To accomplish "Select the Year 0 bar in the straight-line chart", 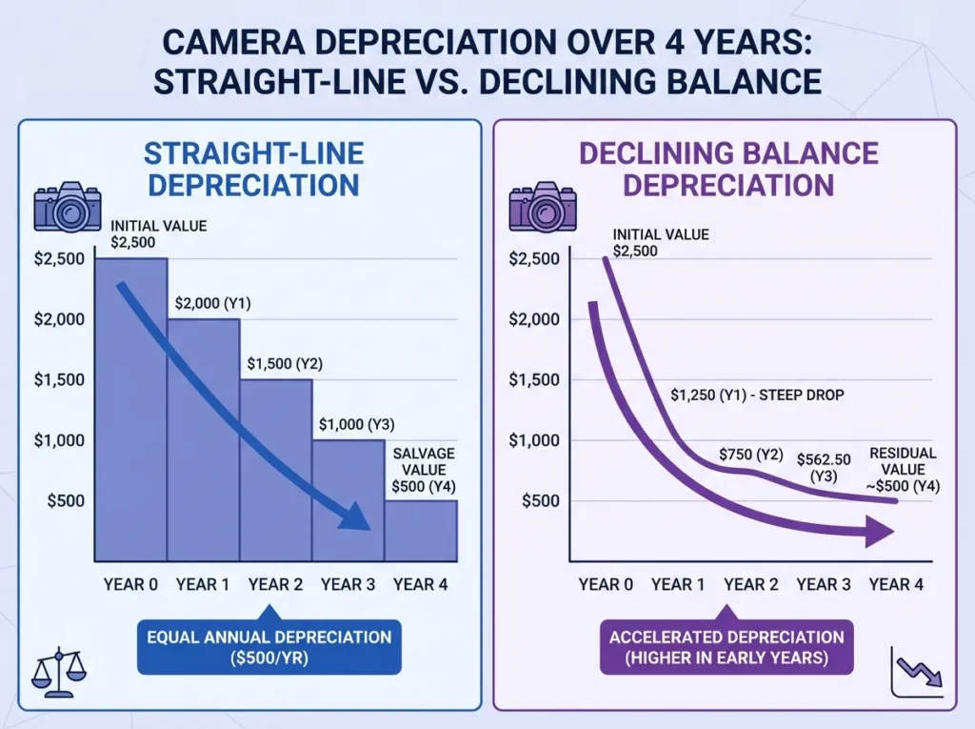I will [x=131, y=410].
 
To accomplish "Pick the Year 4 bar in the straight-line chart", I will [x=421, y=530].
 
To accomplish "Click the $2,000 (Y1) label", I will [x=211, y=303].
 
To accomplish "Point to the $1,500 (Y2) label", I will [x=285, y=364].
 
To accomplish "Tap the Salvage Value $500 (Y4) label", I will [x=424, y=470].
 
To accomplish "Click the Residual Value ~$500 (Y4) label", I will [x=903, y=470].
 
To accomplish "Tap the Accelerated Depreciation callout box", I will [x=726, y=648].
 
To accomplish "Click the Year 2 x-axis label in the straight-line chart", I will [x=276, y=584].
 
